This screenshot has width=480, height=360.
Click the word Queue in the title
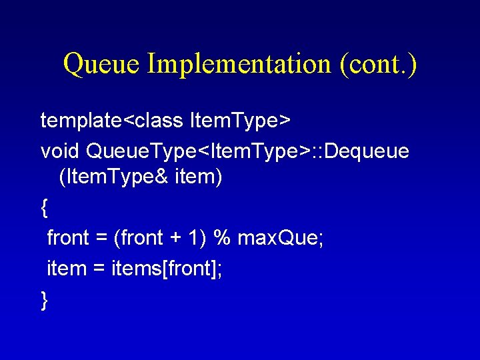101,64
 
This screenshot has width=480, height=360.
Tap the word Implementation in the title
238,64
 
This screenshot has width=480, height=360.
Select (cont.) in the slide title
378,64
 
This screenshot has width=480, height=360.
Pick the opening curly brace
44,209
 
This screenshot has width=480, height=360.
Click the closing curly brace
44,299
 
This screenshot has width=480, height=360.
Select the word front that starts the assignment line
68,238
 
